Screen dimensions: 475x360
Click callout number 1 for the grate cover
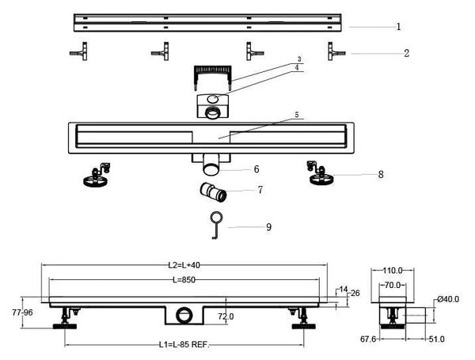click(x=398, y=27)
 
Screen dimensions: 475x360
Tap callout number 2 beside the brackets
click(x=407, y=53)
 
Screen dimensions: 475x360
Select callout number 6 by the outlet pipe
click(x=256, y=169)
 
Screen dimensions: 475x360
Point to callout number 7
click(x=260, y=190)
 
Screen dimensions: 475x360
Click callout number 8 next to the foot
click(x=381, y=174)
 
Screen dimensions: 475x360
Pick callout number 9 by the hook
click(x=268, y=227)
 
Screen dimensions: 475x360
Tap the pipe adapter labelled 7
click(x=213, y=192)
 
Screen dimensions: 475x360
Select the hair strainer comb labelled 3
click(x=213, y=78)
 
